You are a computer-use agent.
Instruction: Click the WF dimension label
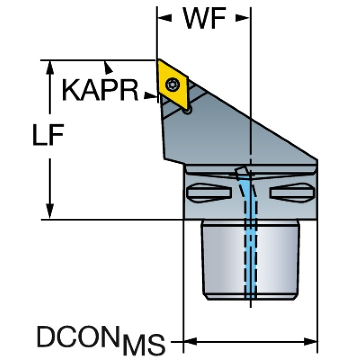tap(204, 18)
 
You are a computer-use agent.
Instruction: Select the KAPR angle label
tap(100, 90)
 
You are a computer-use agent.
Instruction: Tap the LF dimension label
tap(48, 135)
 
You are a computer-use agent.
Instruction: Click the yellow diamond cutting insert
tap(173, 84)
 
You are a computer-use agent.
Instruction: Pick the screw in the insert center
tap(171, 85)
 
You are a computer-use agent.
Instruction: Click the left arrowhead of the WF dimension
tap(164, 18)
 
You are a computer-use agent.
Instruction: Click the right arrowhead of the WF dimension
tap(243, 18)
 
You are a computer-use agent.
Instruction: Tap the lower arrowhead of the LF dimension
tap(50, 211)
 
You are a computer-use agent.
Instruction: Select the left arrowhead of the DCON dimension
tap(190, 341)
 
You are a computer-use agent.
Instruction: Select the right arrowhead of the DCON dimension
tap(310, 341)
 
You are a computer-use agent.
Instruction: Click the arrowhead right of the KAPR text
tap(151, 96)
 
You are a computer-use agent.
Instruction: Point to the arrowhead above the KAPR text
tap(108, 68)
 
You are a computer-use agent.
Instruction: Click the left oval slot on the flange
tap(209, 193)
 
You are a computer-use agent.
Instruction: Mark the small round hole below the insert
tap(188, 111)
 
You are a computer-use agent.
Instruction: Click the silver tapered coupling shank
tap(251, 260)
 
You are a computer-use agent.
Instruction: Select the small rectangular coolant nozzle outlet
tap(242, 172)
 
